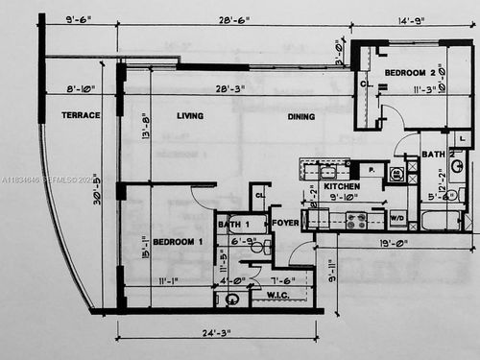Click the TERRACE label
[82, 115]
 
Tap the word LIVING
[190, 115]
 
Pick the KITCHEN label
[341, 186]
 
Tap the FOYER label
[285, 227]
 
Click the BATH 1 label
[235, 226]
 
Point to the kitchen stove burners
[356, 220]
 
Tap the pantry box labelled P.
[371, 170]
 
